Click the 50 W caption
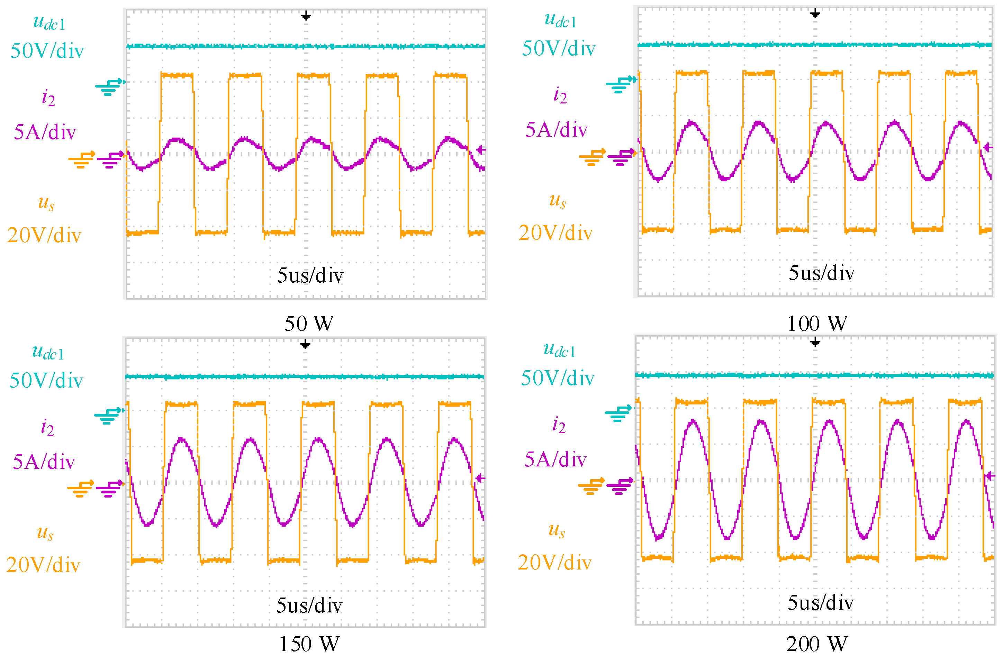tap(309, 324)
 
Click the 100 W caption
tap(817, 324)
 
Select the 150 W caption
tap(309, 644)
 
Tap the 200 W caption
tap(816, 644)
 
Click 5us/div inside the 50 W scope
tap(310, 275)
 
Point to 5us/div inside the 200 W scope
tap(821, 603)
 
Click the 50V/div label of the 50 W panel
tap(47, 51)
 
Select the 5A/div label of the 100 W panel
tap(556, 130)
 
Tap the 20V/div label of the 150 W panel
tap(43, 565)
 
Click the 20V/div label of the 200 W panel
tap(554, 563)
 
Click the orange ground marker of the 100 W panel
tap(592, 157)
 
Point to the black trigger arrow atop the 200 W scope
tap(815, 343)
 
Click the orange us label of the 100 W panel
tap(558, 201)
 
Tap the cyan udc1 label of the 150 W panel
tap(48, 352)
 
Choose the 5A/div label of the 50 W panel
tap(45, 132)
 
